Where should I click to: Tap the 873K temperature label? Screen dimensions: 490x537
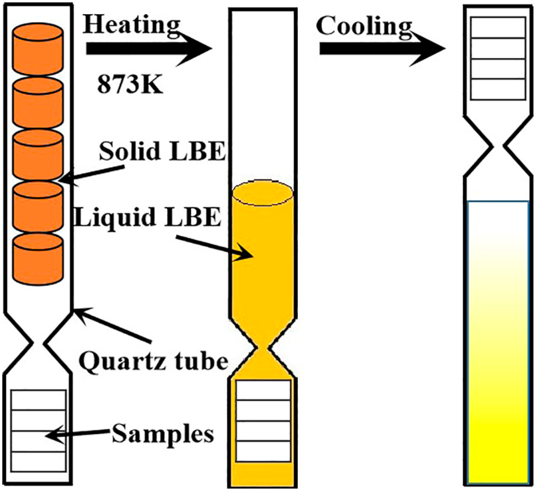pyautogui.click(x=130, y=84)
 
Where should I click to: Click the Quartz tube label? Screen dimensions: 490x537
pyautogui.click(x=154, y=361)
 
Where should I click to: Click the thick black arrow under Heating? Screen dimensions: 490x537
pyautogui.click(x=148, y=50)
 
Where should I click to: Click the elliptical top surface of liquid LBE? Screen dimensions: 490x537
pyautogui.click(x=262, y=194)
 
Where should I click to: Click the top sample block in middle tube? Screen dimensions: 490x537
pyautogui.click(x=263, y=390)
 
